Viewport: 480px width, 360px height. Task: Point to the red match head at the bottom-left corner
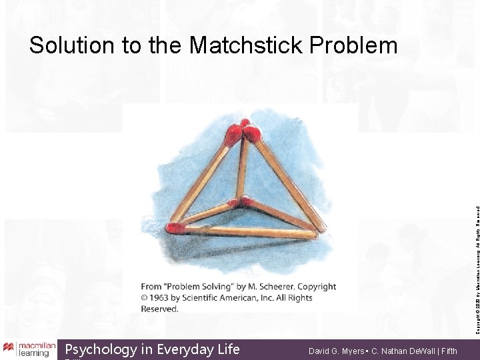(176, 228)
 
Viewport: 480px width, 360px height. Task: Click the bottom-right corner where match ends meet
(314, 234)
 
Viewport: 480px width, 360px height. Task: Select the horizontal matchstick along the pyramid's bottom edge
(247, 231)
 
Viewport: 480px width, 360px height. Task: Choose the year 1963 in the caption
(163, 297)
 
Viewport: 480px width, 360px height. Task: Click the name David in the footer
(320, 349)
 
